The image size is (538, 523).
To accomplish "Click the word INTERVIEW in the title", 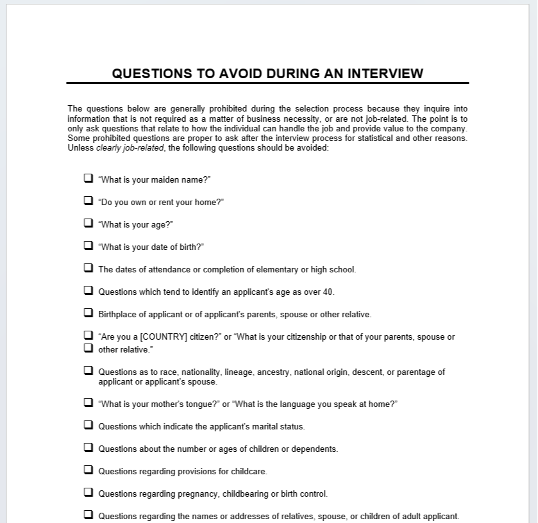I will tap(385, 73).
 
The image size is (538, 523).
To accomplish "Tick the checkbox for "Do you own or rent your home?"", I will tap(88, 201).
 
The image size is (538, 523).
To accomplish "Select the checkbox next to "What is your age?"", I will tap(88, 223).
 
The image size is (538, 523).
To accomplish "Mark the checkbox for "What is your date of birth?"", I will tap(88, 245).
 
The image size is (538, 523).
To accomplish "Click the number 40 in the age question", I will tap(328, 292).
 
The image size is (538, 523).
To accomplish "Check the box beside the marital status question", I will tap(88, 425).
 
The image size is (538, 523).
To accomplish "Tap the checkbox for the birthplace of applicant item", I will tap(88, 313).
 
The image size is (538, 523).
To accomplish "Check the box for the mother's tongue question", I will tap(88, 403).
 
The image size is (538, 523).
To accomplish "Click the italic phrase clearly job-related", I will tap(130, 148).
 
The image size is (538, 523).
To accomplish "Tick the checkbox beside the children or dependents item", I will tap(88, 447).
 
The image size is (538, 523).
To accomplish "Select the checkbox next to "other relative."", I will tap(88, 348).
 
